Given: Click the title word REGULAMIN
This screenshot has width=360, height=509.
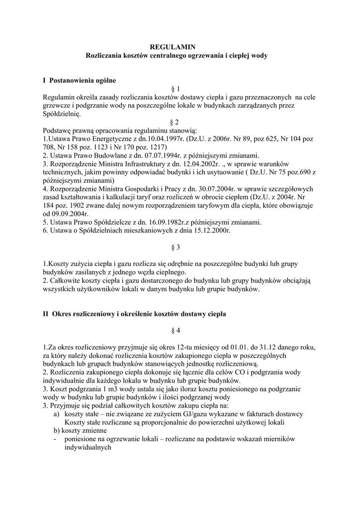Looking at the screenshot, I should point(177,47).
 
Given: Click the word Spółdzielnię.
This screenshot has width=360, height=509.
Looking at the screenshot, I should point(62,113).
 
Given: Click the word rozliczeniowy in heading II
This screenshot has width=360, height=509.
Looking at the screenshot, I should point(92,314).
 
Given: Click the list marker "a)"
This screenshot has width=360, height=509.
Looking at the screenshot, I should point(57,414).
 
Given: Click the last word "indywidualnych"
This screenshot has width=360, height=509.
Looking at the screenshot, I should point(87,447).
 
